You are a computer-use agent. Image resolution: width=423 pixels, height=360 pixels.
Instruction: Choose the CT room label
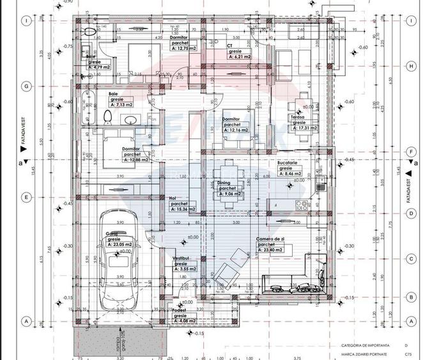pyautogui.click(x=229, y=46)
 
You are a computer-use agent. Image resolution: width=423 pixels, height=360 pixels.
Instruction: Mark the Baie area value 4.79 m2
pyautogui.click(x=98, y=66)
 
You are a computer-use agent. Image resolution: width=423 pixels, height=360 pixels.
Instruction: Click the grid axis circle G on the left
pyautogui.click(x=26, y=85)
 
